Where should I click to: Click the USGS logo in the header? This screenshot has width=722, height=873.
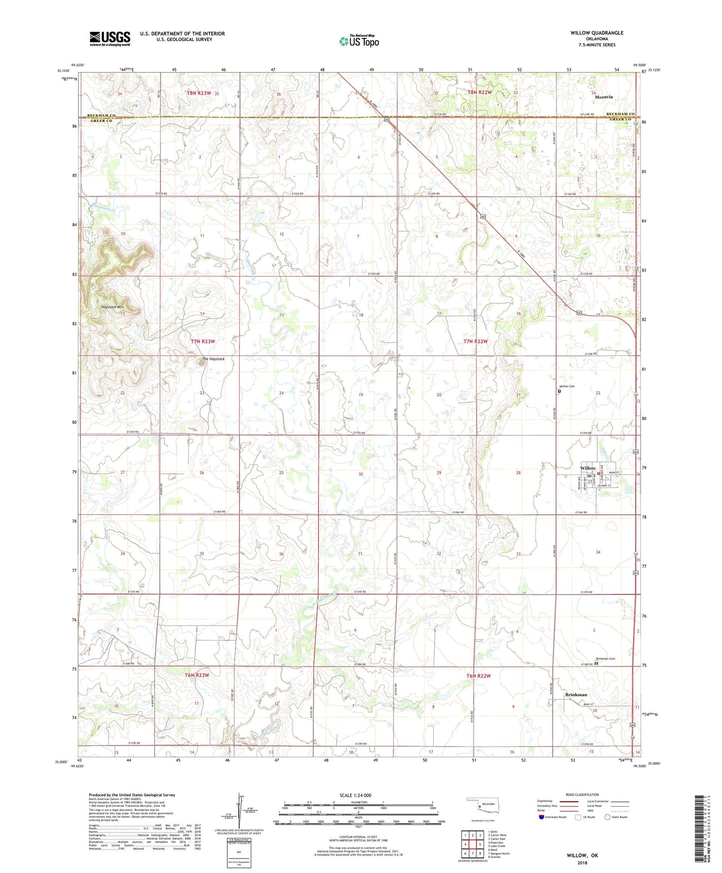click(109, 38)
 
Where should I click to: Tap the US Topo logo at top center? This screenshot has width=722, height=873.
click(359, 41)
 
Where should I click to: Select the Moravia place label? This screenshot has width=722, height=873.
click(604, 97)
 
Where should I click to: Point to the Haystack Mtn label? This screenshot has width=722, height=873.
click(112, 307)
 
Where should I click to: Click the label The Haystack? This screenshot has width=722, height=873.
click(213, 359)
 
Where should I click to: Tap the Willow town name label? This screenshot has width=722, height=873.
click(588, 468)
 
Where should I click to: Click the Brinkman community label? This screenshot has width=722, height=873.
click(576, 694)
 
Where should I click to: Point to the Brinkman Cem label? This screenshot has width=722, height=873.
click(605, 658)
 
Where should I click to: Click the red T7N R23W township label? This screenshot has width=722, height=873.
click(203, 341)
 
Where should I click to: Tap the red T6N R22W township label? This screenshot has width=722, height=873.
click(478, 676)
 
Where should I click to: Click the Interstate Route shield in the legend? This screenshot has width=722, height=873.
click(542, 817)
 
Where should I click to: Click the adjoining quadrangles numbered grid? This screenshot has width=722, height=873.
click(472, 844)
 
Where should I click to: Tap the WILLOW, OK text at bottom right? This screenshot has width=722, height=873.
click(582, 855)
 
